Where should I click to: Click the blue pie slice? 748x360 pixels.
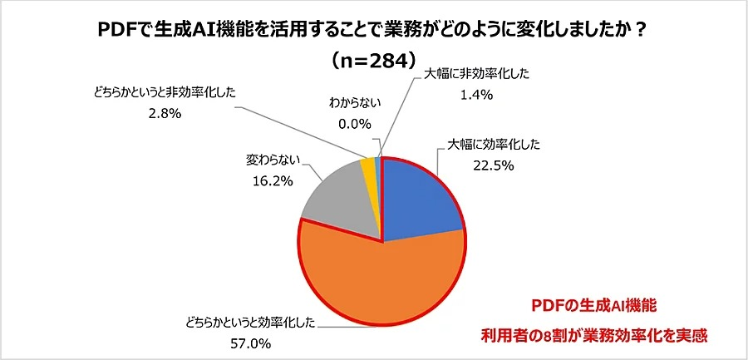[420, 195]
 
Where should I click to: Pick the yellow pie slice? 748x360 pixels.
[369, 166]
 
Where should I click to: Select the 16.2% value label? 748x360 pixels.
[270, 177]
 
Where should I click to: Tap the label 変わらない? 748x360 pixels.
[270, 157]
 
